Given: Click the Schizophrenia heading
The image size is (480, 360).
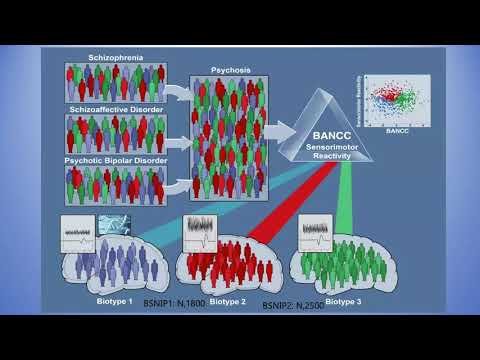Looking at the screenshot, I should [x=114, y=58].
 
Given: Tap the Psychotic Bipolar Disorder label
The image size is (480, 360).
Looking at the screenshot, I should [x=114, y=158].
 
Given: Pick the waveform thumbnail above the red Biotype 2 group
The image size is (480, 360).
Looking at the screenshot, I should [x=200, y=231].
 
